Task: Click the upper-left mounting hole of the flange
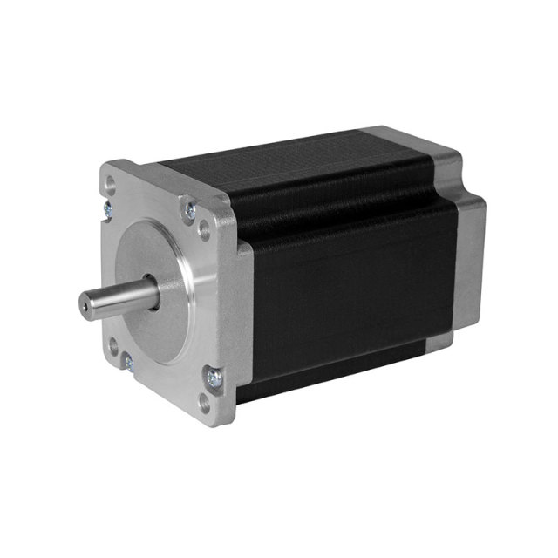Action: click(111, 185)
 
